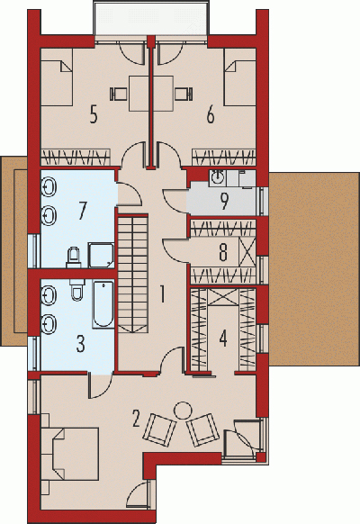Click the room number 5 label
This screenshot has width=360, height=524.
pos(94,114)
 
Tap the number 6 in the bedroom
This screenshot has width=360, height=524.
pos(211,114)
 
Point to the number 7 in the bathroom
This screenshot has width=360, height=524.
pos(82,212)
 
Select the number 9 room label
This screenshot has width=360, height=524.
pos(224,201)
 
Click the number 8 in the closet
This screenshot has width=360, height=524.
pos(223,252)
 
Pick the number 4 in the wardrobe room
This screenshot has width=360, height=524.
pos(223,338)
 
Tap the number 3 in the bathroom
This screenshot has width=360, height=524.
pos(80,344)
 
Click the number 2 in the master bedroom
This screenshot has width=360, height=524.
pos(136,419)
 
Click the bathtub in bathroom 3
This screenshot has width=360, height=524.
pos(103,304)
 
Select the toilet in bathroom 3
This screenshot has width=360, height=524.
pos(77,289)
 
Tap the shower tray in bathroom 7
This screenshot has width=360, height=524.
pos(101,255)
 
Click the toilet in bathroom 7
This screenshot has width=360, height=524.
pos(74,257)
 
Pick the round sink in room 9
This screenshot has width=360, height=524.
pos(218,178)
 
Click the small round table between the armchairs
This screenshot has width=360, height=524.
pos(183,411)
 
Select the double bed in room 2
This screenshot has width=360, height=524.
pos(70,453)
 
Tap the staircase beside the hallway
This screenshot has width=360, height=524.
pos(132,274)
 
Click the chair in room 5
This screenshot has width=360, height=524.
pos(118,94)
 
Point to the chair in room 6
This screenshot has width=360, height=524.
pos(184,94)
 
